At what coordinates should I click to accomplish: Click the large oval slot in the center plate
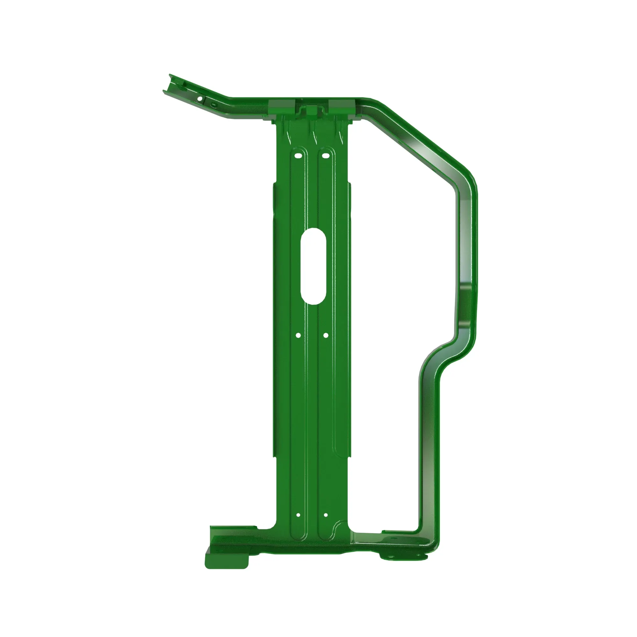pos(313,266)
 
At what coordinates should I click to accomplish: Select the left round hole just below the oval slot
pos(298,335)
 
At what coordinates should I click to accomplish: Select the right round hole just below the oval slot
pos(326,335)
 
